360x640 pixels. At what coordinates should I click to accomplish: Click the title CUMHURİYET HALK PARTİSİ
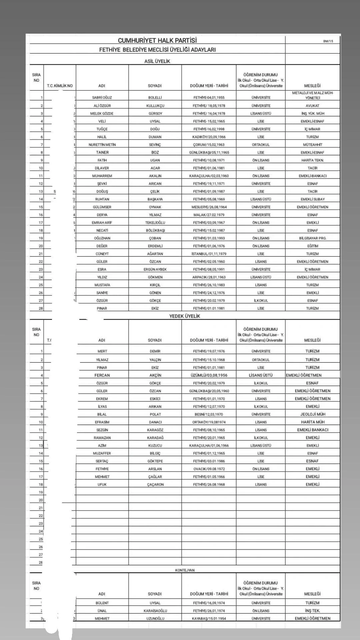[157, 40]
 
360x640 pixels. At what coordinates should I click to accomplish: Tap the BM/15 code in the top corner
[328, 41]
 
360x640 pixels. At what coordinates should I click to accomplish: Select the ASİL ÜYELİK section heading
[157, 61]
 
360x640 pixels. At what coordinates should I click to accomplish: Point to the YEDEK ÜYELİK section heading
[185, 316]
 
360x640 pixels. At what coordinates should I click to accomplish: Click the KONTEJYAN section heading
[185, 570]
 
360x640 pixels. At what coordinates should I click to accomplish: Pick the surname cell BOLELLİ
[155, 98]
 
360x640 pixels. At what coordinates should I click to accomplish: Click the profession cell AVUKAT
[312, 106]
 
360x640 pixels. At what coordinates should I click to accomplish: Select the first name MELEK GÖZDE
[102, 113]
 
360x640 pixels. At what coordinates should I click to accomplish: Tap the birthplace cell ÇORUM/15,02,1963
[209, 145]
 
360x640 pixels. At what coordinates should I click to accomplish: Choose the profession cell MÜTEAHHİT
[312, 145]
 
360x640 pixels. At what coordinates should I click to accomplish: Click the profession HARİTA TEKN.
[312, 160]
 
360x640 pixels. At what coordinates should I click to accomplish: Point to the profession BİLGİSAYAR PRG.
[312, 238]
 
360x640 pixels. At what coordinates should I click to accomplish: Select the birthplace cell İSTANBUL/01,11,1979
[209, 254]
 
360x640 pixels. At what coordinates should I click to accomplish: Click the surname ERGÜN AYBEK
[155, 269]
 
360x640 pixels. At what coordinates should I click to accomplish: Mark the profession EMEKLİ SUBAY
[312, 199]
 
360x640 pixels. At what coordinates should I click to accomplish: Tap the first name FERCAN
[102, 375]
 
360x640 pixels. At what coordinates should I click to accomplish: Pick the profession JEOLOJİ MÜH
[312, 414]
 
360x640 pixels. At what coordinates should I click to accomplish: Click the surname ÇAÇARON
[155, 485]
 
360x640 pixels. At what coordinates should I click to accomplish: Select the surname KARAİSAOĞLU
[155, 611]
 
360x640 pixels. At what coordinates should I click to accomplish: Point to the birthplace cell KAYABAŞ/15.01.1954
[209, 618]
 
